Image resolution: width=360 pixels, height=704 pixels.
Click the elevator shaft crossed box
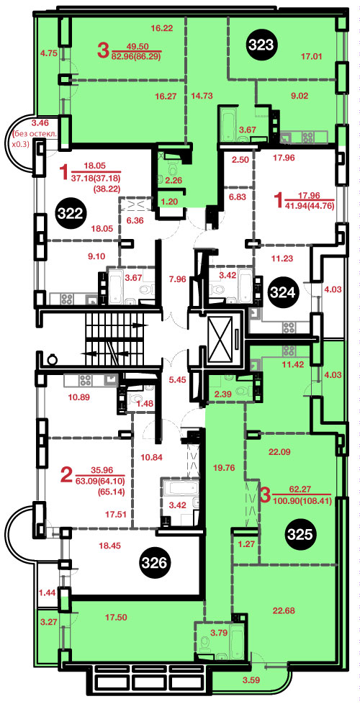point(220,339)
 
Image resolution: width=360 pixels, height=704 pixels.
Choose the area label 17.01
point(313,57)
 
